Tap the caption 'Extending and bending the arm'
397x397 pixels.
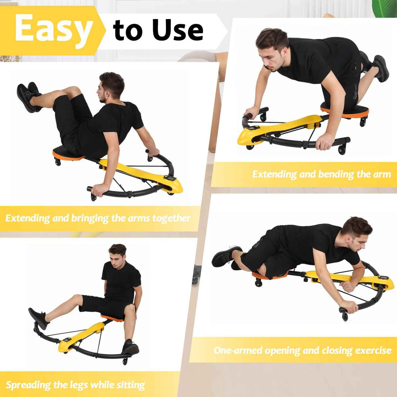[322, 174]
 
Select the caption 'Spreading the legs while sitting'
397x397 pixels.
[75, 384]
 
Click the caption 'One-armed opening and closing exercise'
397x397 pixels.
[303, 350]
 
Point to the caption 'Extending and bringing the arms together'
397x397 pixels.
[98, 218]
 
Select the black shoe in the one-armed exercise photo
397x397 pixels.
[226, 256]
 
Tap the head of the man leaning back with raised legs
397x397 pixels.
[111, 85]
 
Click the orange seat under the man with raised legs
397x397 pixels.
[66, 155]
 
